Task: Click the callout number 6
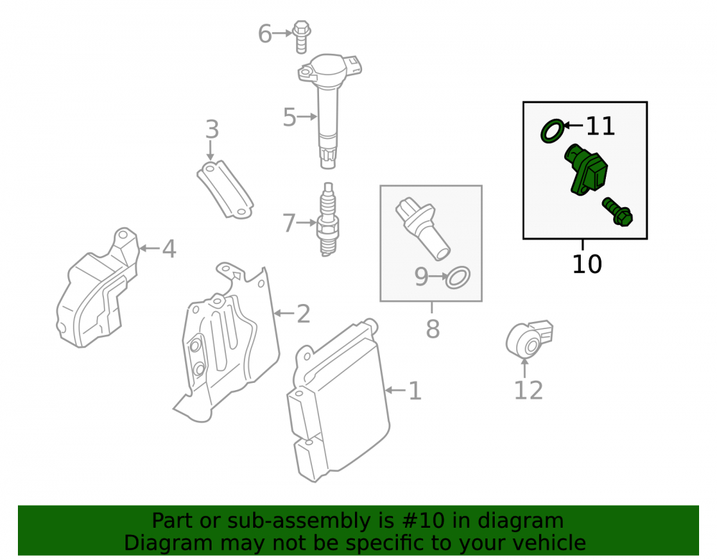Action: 265,34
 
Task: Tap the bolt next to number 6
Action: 301,37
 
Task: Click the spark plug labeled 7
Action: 328,219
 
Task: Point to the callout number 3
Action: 212,129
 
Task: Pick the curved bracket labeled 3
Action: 225,189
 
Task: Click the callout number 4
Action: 169,249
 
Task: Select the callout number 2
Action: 303,314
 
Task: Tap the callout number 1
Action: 414,391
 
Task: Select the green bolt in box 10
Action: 617,212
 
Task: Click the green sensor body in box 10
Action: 586,170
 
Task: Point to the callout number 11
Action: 600,125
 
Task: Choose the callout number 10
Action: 587,264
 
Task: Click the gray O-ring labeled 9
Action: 457,277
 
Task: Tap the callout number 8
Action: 432,328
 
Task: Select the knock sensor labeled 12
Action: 529,339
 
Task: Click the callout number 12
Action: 528,390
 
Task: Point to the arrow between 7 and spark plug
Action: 306,222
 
